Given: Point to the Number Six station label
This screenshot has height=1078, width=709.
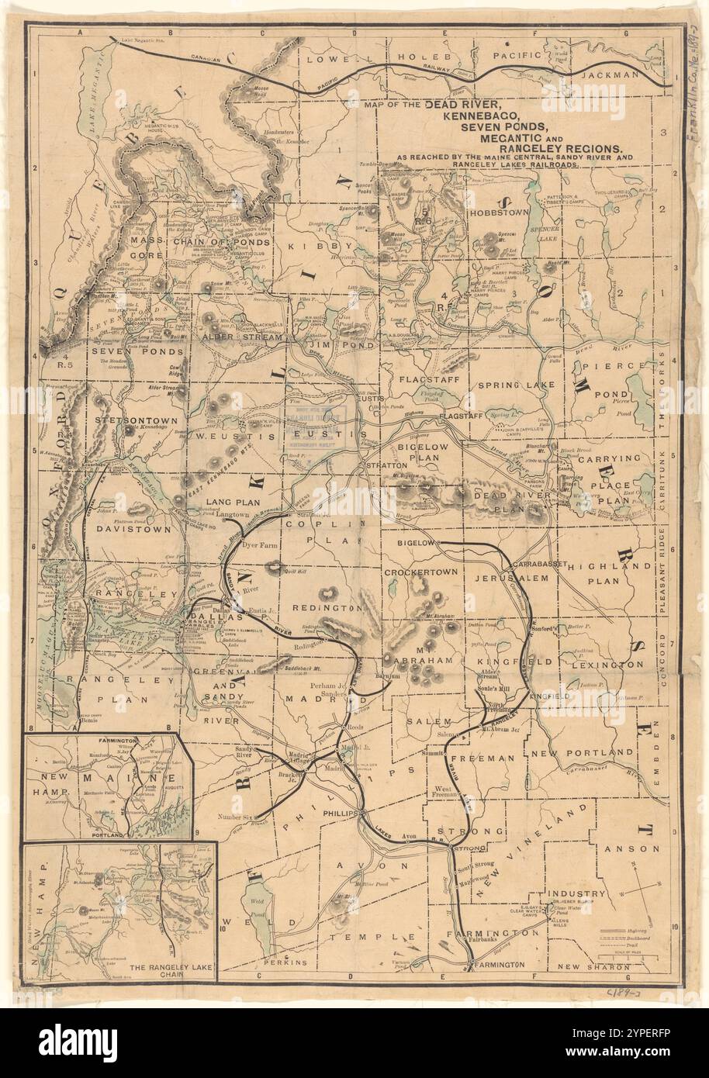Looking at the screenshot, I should tap(236, 817).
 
